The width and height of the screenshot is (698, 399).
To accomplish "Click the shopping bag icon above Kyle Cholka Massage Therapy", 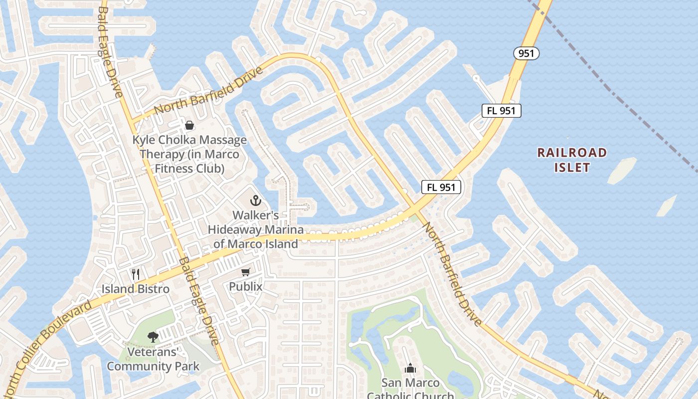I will [189, 125].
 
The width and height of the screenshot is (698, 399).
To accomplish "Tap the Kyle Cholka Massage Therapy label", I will [189, 154].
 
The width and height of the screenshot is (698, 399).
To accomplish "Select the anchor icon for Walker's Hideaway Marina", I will [255, 200].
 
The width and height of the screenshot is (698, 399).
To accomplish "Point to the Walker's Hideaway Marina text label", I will [256, 229].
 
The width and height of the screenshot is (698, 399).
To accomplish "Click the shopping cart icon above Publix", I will [245, 272].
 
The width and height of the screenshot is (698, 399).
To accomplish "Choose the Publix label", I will [245, 286].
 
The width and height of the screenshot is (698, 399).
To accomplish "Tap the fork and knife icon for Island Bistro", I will [135, 274].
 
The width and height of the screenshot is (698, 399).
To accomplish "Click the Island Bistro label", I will [136, 289].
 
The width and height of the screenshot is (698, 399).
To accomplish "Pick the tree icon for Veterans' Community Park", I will [153, 337].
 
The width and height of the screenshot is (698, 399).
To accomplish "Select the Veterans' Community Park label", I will [153, 359].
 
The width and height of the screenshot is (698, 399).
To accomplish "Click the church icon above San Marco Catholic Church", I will [410, 368].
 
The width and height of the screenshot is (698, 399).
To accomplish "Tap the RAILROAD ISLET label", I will [572, 160].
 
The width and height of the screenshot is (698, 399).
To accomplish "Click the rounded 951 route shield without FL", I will [526, 53].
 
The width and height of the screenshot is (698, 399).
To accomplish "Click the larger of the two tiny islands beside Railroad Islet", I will [622, 170].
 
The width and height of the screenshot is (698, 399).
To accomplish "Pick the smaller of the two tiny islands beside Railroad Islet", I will [667, 205].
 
